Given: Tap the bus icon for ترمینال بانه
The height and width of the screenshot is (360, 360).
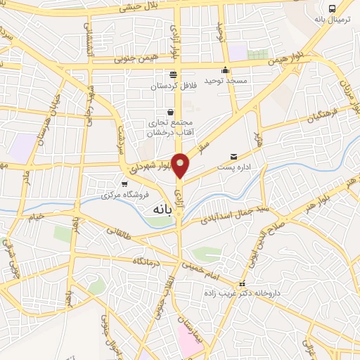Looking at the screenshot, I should click(x=332, y=9).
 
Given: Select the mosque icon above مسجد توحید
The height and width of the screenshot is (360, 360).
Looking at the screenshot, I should click(x=225, y=70).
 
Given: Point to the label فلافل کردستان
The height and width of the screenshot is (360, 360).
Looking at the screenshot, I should click(x=173, y=86).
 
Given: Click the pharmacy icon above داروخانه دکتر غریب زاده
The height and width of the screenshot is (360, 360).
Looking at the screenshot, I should click(x=242, y=284).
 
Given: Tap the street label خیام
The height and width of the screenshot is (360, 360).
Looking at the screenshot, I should click(x=35, y=216).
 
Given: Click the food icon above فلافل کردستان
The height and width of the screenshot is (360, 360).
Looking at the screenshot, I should click(x=173, y=75).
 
